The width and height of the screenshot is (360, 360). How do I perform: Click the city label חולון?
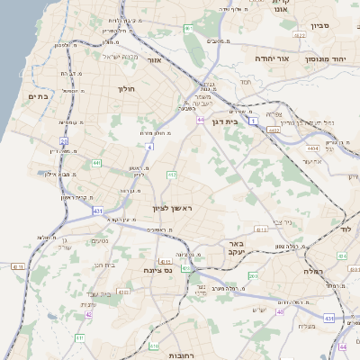coord(126,89)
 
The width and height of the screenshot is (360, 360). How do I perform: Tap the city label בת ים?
coord(37,96)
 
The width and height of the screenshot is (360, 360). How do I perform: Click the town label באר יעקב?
coord(237,248)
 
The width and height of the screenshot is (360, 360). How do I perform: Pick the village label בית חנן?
coord(106,265)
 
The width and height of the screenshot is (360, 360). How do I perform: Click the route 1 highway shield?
coord(254,120)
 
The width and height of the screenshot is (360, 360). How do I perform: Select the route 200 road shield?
coord(253,276)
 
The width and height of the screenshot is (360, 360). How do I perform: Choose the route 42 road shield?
coord(88,314)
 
